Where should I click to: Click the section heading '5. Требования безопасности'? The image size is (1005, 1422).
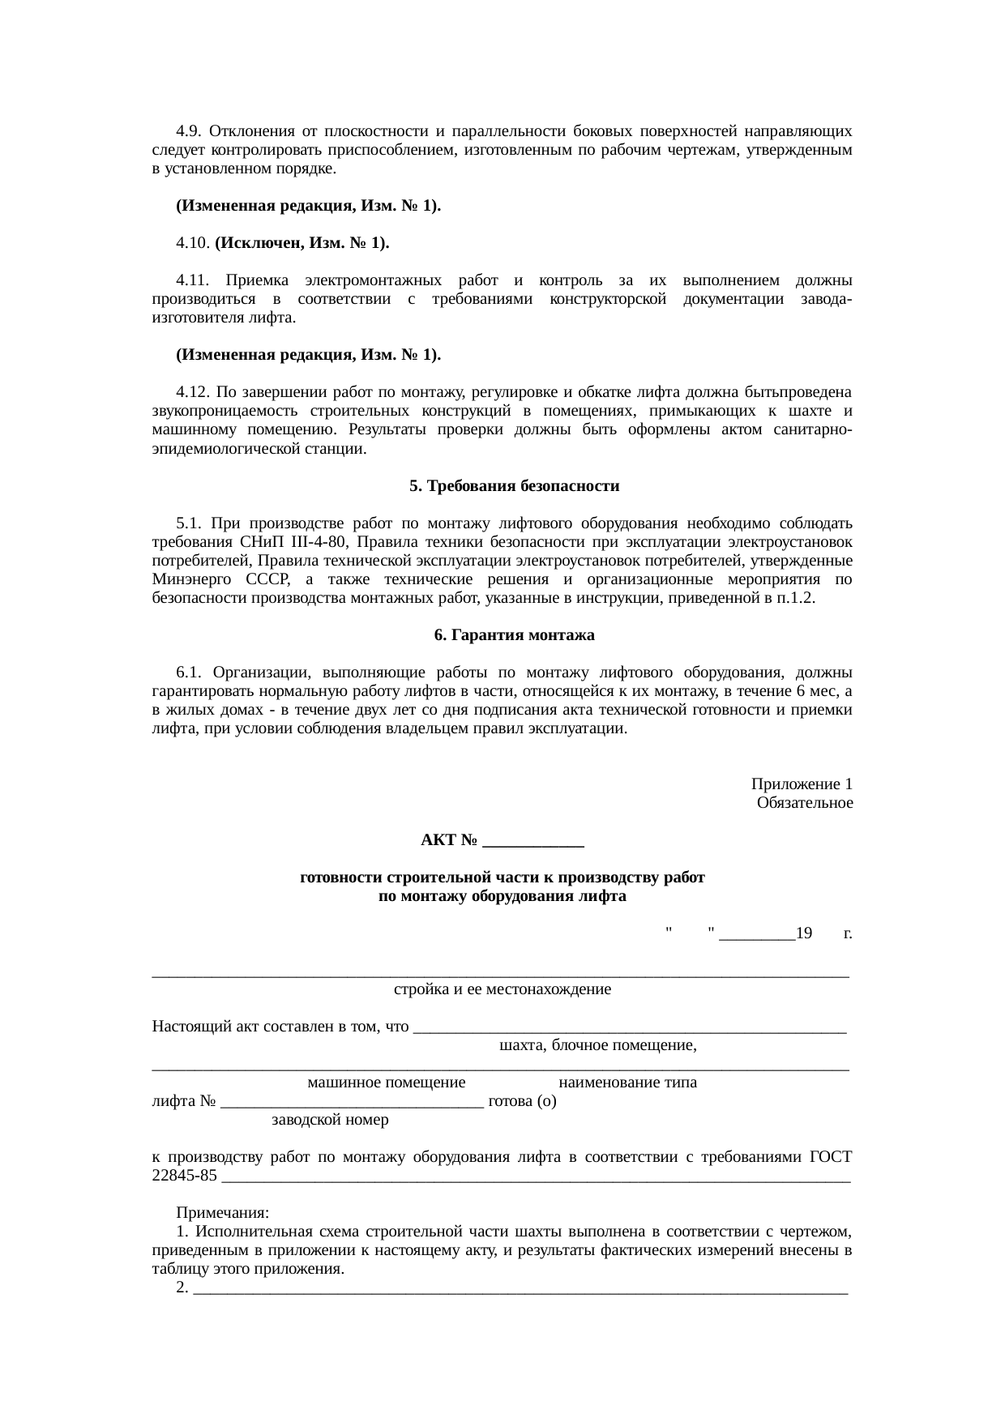click(514, 486)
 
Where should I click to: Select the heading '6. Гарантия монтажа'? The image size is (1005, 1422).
click(514, 635)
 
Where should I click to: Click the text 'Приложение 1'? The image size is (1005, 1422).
click(801, 784)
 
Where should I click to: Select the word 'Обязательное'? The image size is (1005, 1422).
click(804, 803)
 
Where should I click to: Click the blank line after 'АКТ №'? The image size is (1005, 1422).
click(532, 840)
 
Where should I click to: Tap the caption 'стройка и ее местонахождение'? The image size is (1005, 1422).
click(502, 989)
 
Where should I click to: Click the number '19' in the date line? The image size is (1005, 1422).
click(803, 933)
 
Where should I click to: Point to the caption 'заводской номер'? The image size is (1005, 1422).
click(330, 1120)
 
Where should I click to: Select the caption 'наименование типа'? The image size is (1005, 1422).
click(627, 1083)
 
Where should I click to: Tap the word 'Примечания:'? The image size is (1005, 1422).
click(222, 1213)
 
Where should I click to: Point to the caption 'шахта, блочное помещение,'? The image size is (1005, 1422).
click(598, 1045)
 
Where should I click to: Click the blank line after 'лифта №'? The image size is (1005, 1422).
click(352, 1101)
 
